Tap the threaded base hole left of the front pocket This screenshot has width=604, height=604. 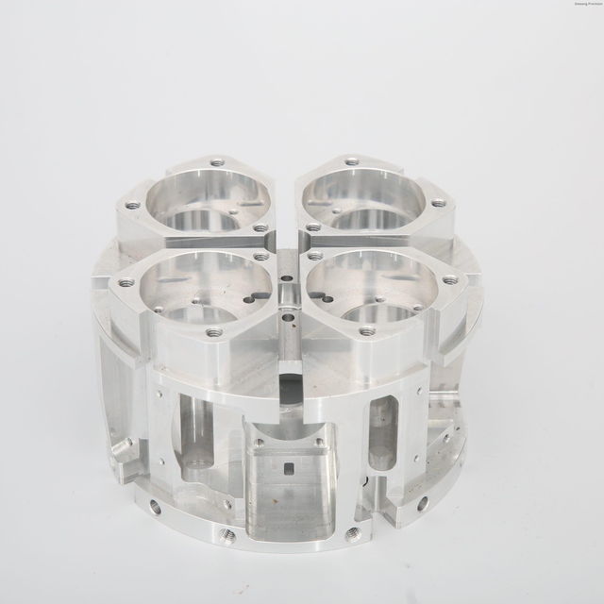point(227,535)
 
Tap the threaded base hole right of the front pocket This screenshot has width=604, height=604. point(353,534)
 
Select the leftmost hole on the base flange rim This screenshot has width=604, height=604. point(155,508)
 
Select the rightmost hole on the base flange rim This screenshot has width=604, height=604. point(422,503)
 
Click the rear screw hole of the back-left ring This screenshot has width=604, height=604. point(217,162)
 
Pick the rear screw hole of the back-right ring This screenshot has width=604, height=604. point(352,161)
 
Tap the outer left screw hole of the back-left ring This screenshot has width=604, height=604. point(132,205)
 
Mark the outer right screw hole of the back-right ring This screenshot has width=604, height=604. point(439,203)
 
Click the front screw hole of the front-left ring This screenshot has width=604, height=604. point(214,332)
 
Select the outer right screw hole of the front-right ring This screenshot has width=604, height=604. point(450,279)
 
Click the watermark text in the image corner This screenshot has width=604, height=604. point(570,4)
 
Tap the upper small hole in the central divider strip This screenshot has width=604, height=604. point(287,279)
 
